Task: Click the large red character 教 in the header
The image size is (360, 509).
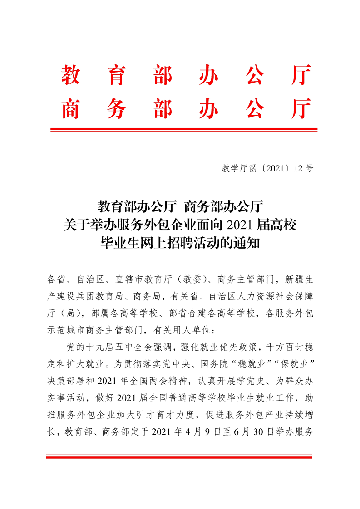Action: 71,75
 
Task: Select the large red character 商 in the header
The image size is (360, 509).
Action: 71,108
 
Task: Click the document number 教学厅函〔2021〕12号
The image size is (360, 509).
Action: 267,169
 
